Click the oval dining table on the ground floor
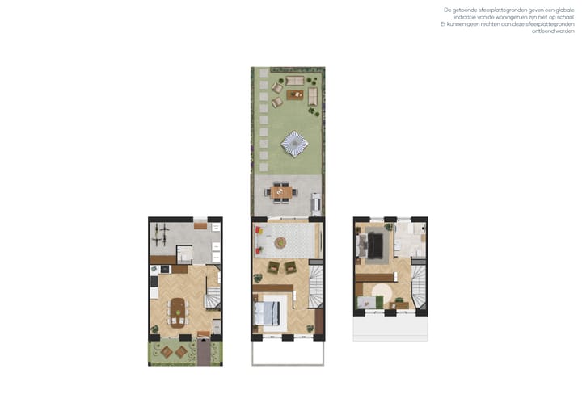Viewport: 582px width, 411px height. pos(178,313)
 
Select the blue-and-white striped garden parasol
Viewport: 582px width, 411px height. pos(295,144)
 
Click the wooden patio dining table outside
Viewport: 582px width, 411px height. pos(281,192)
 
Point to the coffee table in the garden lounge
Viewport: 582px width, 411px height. pos(295,95)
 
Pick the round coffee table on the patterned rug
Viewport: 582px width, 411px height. pos(280,243)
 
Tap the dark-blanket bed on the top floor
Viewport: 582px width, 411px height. pos(372,245)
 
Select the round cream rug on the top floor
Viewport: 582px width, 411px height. pos(382,292)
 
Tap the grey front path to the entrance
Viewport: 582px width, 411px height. pos(204,352)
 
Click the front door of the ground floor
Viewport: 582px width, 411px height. pos(203,334)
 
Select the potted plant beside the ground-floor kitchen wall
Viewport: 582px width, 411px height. pos(154,329)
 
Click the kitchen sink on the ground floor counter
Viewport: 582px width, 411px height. pos(154,270)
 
